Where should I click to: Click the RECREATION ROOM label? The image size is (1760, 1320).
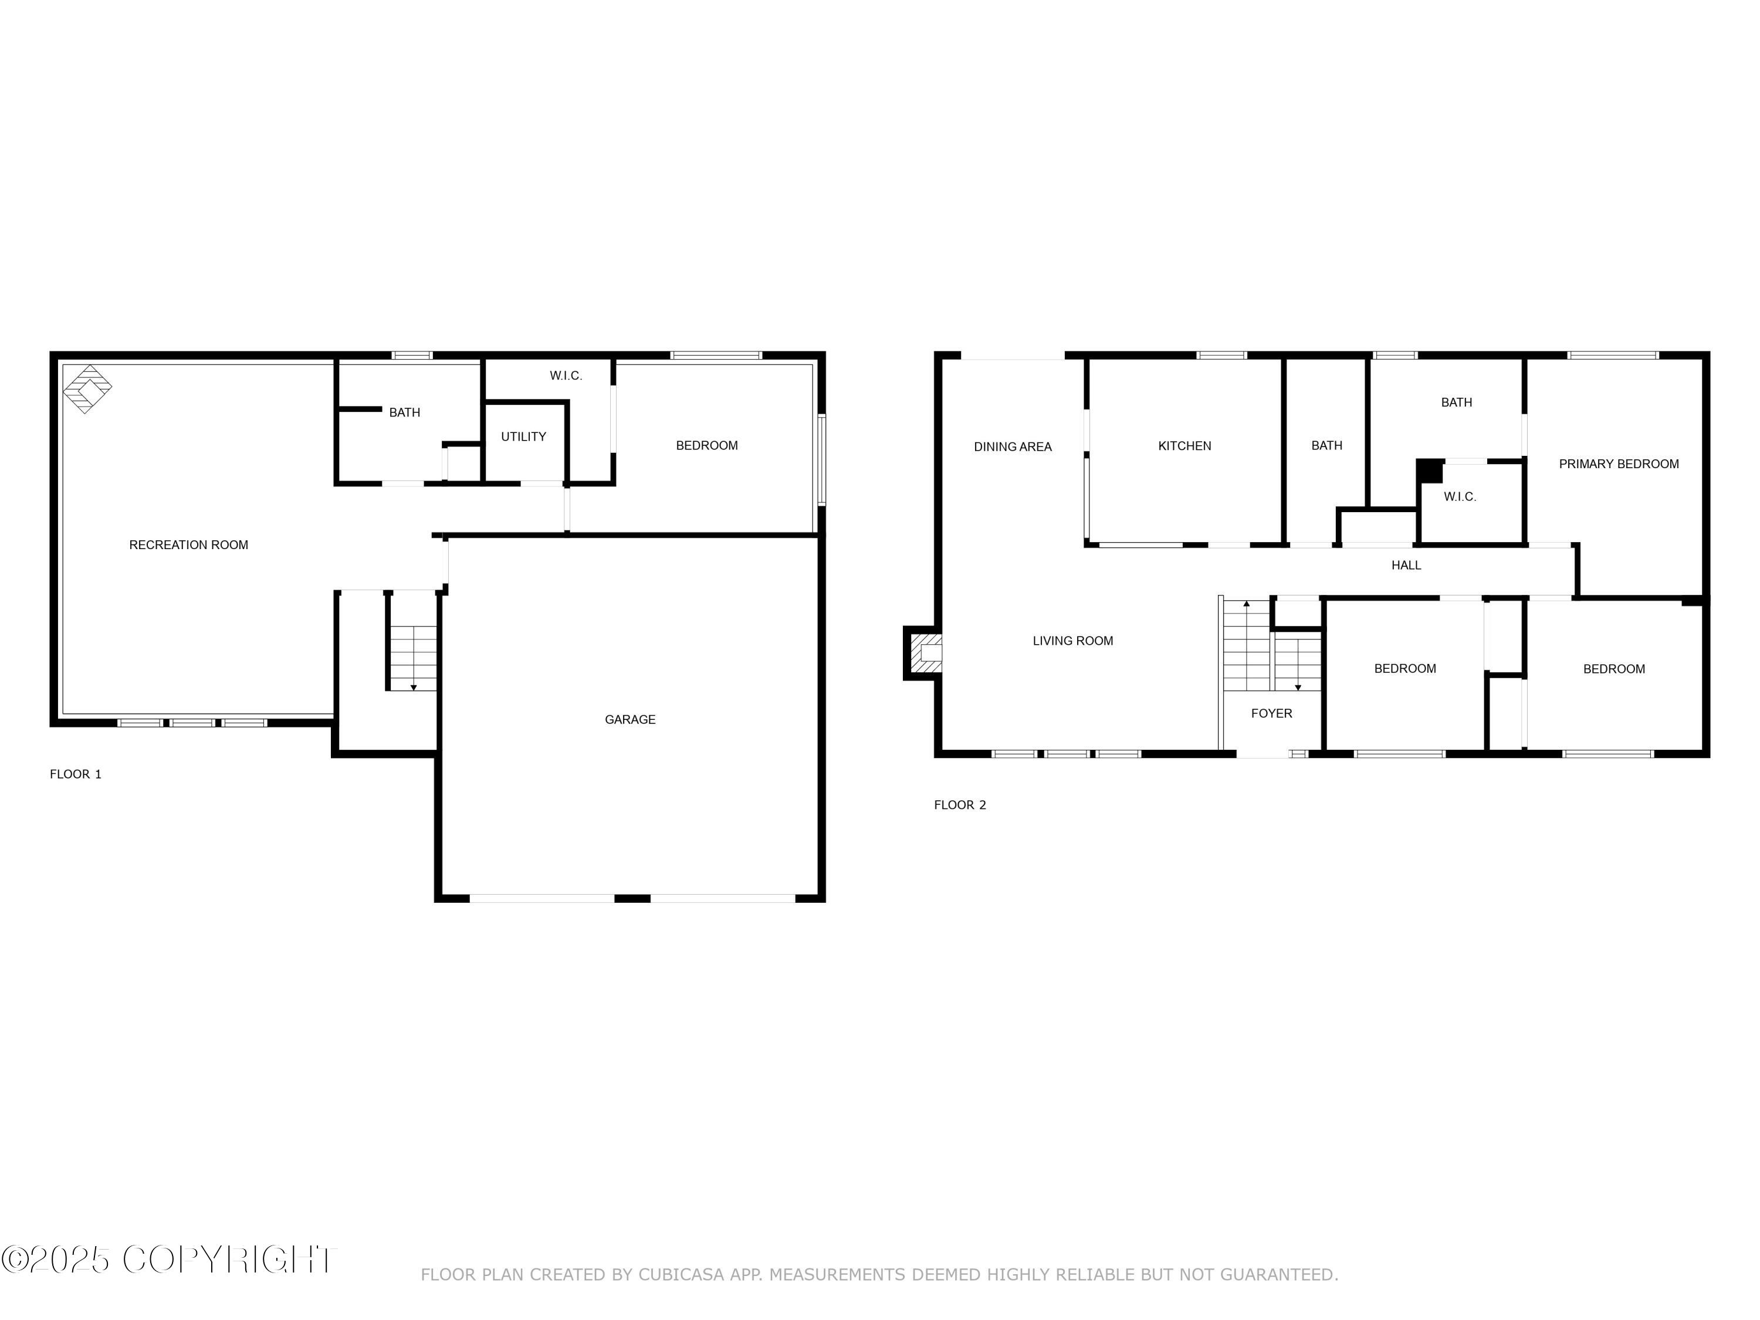coord(188,545)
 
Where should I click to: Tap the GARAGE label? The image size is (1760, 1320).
coord(629,719)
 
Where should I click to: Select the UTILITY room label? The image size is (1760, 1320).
coord(523,437)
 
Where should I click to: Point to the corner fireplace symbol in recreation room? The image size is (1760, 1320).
coord(87,389)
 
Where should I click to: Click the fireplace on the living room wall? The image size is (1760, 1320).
coord(925,653)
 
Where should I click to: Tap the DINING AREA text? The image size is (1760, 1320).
coord(1012,447)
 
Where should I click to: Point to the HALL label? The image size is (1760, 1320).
coord(1406,566)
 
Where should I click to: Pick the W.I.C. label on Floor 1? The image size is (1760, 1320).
coord(566,375)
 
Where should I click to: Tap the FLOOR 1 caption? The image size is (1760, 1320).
coord(76,774)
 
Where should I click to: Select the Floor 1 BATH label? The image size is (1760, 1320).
coord(404,412)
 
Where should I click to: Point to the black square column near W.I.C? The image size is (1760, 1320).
coord(1430,471)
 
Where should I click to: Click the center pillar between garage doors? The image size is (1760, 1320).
coord(632,898)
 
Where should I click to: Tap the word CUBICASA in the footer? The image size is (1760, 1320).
coord(681,1275)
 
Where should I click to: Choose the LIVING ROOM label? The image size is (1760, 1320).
coord(1072,641)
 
